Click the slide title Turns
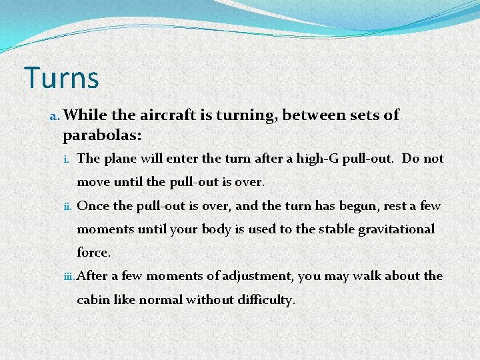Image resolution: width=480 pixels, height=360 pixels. click(61, 77)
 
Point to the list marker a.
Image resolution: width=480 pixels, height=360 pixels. click(54, 117)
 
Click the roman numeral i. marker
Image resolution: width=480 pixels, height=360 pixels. click(68, 160)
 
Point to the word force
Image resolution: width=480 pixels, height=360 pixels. click(92, 253)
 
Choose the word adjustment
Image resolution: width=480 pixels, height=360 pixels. click(257, 276)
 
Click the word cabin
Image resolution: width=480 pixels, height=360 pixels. click(93, 299)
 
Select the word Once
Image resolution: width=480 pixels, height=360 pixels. click(92, 206)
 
